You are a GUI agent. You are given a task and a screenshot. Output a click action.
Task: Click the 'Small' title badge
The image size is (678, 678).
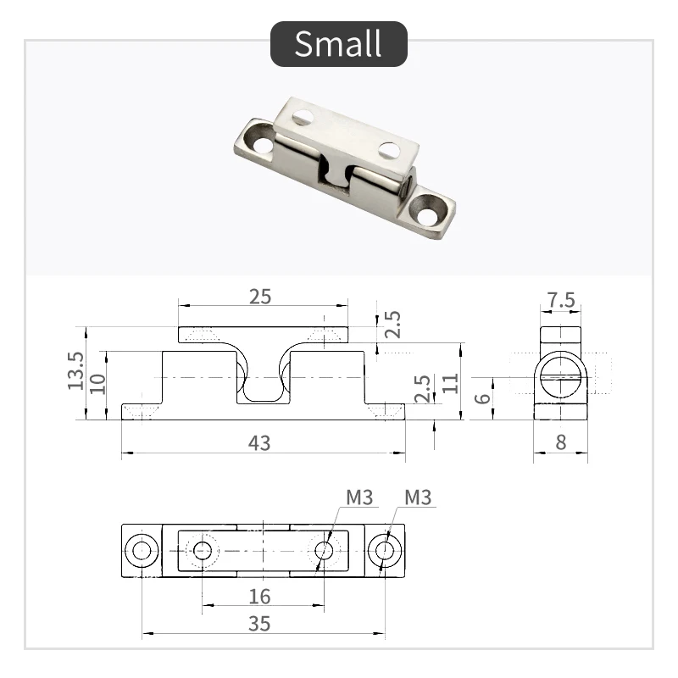[x=338, y=44]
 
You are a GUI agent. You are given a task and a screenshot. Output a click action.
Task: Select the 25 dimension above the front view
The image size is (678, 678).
[x=260, y=296]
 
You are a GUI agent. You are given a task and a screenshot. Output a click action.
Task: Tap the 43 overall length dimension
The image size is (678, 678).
[x=260, y=442]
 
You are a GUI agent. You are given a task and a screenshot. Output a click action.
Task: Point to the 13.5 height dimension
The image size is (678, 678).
[x=75, y=372]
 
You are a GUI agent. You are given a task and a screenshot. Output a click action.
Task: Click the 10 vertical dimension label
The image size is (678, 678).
[x=98, y=384]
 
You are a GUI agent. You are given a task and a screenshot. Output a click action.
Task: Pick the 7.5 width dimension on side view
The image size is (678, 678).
[x=561, y=301]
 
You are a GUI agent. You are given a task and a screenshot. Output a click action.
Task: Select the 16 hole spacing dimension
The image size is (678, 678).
[x=260, y=596]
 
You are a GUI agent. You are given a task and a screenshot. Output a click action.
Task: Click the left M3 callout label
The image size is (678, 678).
[x=359, y=497]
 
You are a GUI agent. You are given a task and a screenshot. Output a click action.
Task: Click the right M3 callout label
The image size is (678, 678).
[x=418, y=497]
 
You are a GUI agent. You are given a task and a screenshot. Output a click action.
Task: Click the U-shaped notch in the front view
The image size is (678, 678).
[x=263, y=388]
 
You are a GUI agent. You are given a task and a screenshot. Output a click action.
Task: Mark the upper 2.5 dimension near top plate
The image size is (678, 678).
[x=392, y=325]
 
